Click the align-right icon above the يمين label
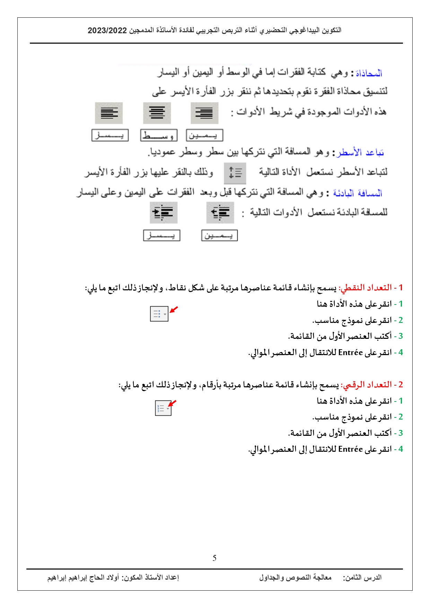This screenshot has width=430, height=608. [204, 113]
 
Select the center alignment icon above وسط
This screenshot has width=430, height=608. [157, 113]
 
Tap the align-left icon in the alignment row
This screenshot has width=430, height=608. [109, 113]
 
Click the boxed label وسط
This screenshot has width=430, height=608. [159, 135]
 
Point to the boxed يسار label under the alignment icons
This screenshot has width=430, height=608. [110, 135]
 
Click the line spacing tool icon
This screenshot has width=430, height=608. [235, 173]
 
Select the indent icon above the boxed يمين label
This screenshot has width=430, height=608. [220, 212]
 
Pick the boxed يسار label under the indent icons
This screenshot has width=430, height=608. [161, 236]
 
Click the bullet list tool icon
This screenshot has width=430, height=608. [159, 314]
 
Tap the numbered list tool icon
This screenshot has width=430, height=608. [163, 408]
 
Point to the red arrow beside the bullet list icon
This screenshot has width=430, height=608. [174, 309]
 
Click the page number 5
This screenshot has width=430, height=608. [214, 558]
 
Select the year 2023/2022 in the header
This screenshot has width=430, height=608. [107, 30]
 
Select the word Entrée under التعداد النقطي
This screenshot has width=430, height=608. [350, 353]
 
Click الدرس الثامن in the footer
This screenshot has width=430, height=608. [362, 578]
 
